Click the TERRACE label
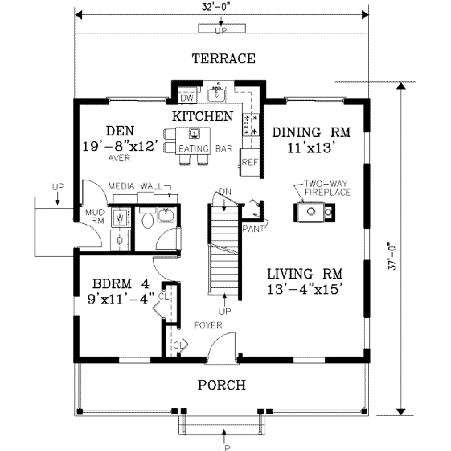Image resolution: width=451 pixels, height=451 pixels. (223, 59)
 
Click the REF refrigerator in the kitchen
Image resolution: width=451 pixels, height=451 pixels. (249, 161)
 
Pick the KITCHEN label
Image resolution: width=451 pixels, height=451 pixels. (202, 116)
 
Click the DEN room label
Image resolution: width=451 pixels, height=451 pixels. (119, 131)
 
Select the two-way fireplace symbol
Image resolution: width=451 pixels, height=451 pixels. (315, 214)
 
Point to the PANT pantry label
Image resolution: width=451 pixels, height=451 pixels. (251, 226)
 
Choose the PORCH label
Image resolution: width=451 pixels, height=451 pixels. (221, 386)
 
